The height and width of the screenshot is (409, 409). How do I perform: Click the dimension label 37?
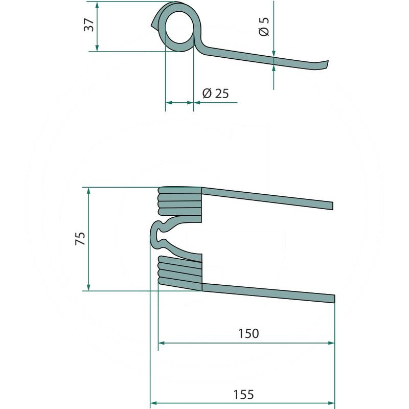pyautogui.click(x=89, y=25)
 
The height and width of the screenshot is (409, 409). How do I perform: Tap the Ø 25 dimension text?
pyautogui.click(x=215, y=94)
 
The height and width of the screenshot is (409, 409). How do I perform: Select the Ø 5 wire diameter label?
pyautogui.click(x=264, y=27)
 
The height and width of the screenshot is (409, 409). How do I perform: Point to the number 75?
pyautogui.click(x=80, y=238)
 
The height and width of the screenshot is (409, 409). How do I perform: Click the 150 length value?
pyautogui.click(x=248, y=333)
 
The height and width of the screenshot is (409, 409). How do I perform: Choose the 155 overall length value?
pyautogui.click(x=243, y=395)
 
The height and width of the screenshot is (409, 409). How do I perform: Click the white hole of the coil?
pyautogui.click(x=179, y=28)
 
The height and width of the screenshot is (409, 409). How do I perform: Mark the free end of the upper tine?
pyautogui.click(x=333, y=206)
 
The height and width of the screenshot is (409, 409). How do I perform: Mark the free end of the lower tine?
pyautogui.click(x=334, y=299)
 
